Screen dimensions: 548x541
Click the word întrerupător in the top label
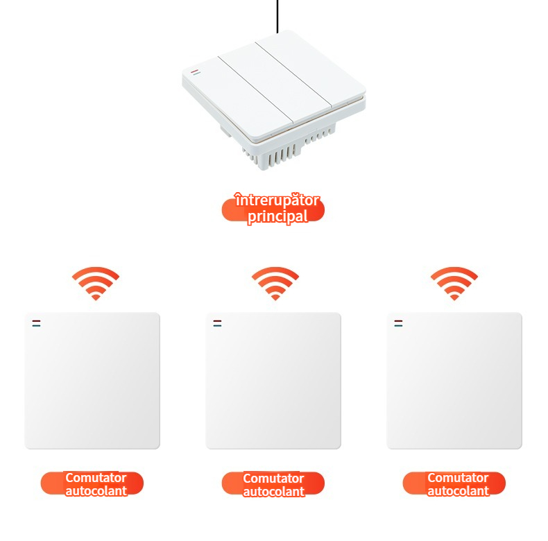point(277,200)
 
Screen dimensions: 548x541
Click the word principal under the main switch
point(278,216)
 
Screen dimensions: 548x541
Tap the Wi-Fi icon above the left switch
point(96,284)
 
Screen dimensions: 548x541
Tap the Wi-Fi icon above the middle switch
point(275,284)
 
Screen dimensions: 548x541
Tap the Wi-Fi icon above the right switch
point(454,284)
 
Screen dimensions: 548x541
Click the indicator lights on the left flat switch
point(36,323)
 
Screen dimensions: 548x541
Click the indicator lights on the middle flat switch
point(217,323)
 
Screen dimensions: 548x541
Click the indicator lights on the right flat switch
point(398,323)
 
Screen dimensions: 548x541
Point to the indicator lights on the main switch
point(196,72)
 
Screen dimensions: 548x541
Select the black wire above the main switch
point(277,17)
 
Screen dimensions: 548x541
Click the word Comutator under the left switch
point(96,477)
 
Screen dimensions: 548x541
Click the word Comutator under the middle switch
point(273,478)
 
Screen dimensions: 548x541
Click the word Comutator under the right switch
point(458,477)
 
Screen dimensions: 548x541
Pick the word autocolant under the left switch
point(96,490)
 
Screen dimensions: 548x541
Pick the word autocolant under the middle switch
point(273,491)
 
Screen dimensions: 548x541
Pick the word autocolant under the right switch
point(459,490)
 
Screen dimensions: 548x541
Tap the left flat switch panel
point(92,381)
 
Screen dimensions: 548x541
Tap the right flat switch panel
point(454,381)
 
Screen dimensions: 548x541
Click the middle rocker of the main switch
point(275,83)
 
